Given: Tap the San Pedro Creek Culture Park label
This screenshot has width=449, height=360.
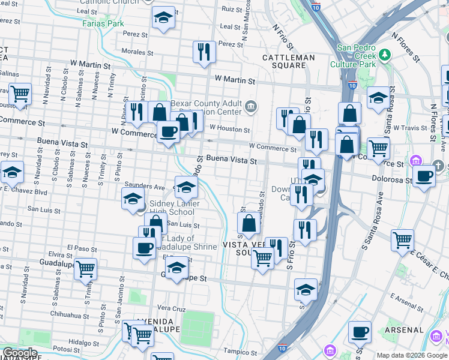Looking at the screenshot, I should [357, 56].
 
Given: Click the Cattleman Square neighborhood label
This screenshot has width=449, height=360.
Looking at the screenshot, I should [289, 61].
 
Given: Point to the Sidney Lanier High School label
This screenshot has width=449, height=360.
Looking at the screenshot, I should [172, 208].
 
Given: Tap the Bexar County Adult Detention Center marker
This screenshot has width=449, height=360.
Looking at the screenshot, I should [251, 107].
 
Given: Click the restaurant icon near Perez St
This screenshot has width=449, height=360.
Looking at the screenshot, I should [204, 52].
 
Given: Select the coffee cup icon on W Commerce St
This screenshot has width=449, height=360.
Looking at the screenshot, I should [168, 131].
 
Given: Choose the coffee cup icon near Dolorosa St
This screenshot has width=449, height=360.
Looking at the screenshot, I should [424, 176].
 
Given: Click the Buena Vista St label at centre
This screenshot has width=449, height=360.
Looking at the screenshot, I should [231, 161].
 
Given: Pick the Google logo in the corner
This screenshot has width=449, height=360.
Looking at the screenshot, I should [20, 353].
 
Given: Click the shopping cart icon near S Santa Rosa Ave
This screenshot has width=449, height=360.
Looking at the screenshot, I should [402, 239].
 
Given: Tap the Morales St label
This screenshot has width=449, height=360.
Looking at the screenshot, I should [134, 52].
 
